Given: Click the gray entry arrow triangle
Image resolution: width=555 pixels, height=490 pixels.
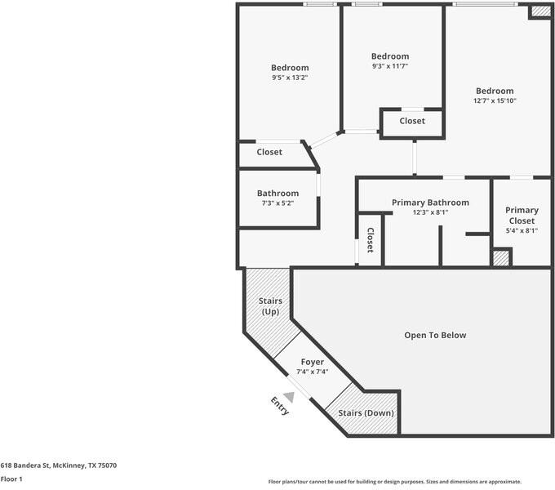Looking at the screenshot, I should pos(288,396).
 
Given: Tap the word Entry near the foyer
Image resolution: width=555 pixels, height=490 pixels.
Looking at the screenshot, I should pos(280,406).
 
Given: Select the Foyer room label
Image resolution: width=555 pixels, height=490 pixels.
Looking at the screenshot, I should pos(312,362).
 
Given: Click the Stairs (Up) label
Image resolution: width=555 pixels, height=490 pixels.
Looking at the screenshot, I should pos(270,307).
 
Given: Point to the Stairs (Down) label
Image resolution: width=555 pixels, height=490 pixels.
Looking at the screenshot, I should pos(366,413).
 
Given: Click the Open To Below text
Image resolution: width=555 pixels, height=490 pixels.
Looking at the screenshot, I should pos(435,335).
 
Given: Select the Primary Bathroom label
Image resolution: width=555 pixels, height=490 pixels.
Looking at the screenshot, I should pos(430,203).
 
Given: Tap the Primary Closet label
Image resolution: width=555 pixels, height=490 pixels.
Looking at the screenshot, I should pos(522,216).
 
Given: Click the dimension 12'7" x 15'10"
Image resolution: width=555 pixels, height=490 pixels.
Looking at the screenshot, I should pos(495,100).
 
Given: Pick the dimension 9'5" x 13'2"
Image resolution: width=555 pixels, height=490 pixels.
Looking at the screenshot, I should pos(290,78).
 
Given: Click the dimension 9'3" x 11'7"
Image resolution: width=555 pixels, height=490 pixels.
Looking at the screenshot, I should pos(389,66).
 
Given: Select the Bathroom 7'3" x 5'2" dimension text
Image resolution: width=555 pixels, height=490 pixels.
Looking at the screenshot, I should pos(277,203).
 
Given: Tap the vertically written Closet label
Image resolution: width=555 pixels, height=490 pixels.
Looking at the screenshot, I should pos(370,240).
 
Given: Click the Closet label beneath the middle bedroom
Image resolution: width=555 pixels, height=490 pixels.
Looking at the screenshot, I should pos(412,121).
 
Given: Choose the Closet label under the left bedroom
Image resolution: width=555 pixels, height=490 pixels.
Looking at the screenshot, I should pos(269,152).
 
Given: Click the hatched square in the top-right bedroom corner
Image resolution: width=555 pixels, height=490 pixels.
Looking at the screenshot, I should pos(539,11).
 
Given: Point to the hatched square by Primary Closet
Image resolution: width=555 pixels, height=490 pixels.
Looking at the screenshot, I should pos(501,258).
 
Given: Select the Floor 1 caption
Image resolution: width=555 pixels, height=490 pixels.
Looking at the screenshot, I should pos(11,479).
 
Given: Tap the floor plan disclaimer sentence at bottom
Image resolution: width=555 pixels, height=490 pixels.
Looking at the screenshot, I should pos(394,482).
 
